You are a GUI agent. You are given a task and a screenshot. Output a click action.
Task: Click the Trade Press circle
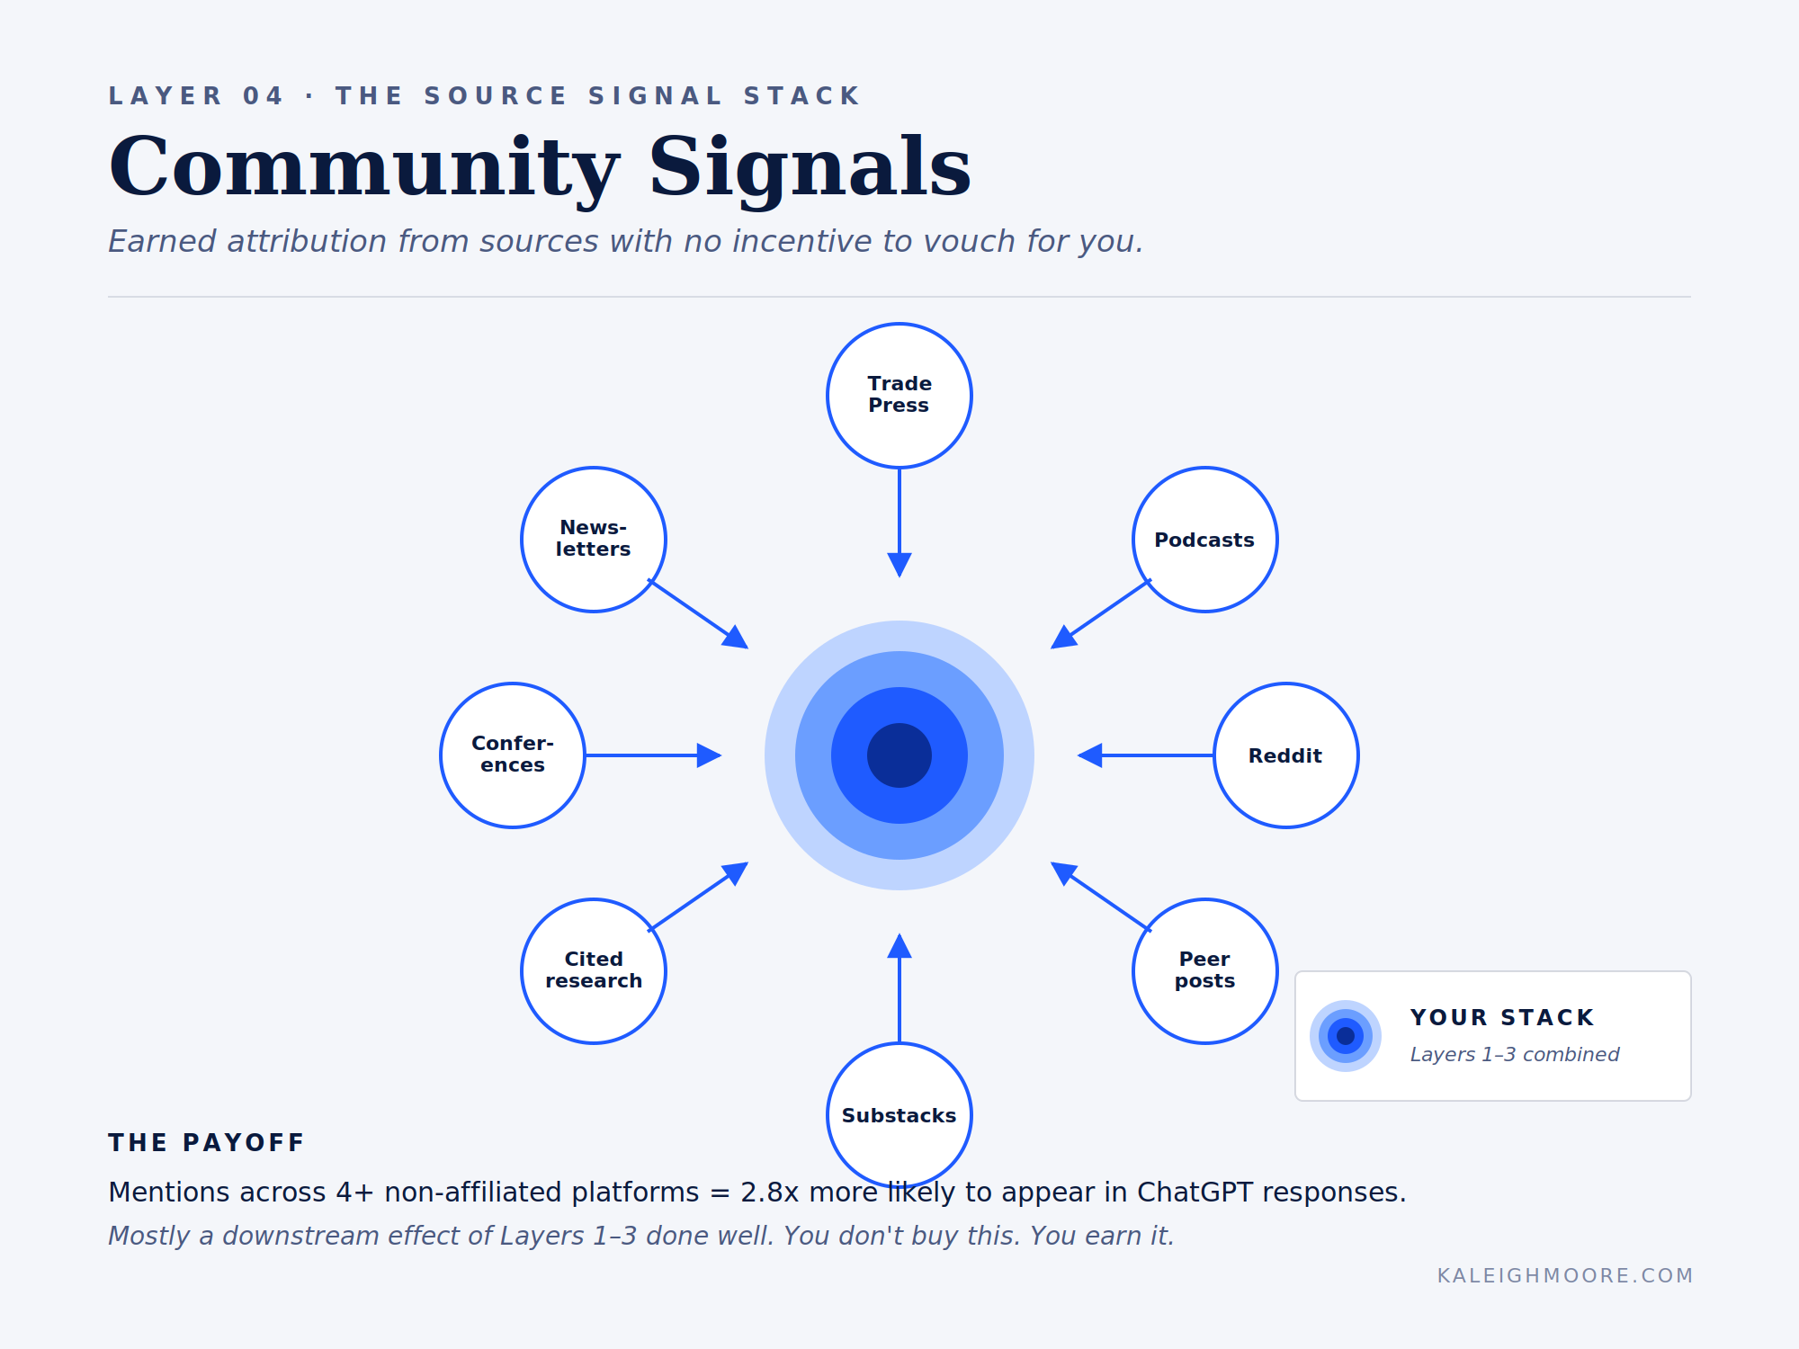(x=899, y=396)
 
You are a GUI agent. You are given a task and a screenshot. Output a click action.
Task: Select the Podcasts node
(x=1205, y=540)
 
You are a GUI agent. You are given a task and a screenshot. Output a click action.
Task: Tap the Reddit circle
(x=1286, y=755)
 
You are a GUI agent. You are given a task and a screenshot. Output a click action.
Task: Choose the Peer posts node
(x=1205, y=971)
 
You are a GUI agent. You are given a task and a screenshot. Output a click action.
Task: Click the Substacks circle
(x=899, y=1115)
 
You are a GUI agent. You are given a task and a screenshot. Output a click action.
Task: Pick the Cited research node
(x=594, y=971)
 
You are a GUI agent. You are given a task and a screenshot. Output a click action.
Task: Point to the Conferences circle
(x=513, y=755)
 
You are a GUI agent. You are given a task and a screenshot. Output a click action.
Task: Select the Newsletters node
(x=594, y=540)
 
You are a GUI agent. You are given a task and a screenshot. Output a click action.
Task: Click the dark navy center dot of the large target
(x=899, y=755)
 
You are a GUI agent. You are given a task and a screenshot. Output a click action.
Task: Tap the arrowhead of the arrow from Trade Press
(x=899, y=565)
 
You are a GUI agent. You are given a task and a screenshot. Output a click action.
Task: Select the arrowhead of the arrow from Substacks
(x=899, y=946)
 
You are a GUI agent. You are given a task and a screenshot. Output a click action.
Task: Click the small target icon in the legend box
(x=1346, y=1036)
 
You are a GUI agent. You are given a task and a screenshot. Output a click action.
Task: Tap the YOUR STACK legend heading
(x=1502, y=1017)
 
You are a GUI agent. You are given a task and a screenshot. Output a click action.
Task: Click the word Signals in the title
(x=810, y=167)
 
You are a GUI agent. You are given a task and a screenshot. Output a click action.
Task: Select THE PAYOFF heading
(x=206, y=1142)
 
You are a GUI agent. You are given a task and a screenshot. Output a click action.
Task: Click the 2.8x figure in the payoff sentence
(x=769, y=1193)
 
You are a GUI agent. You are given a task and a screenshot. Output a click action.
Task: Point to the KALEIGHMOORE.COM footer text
(x=1565, y=1275)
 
